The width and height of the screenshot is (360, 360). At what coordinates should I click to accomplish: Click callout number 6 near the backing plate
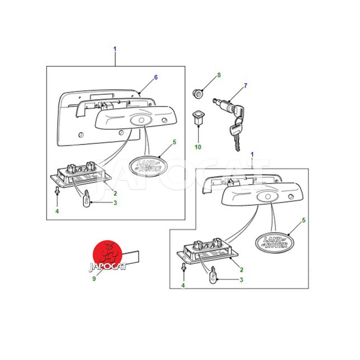click(156, 77)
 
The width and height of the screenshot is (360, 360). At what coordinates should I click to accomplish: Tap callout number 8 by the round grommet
click(219, 75)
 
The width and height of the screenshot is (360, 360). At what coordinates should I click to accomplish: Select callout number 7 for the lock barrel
click(245, 85)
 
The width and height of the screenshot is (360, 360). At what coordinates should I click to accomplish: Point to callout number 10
click(198, 147)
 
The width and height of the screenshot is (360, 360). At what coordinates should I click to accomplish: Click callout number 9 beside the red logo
click(94, 279)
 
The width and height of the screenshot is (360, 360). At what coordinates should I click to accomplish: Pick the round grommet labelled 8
click(198, 94)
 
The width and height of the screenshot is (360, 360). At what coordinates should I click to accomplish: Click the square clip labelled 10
click(198, 117)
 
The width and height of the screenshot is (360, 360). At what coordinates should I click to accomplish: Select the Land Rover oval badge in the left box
click(148, 166)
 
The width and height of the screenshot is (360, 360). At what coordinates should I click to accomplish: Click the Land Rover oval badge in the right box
click(274, 243)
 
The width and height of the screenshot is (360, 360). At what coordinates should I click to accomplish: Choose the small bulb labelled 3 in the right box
click(213, 275)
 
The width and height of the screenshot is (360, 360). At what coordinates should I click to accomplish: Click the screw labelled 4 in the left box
click(57, 190)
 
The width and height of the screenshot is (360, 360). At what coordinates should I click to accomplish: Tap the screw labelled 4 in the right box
click(183, 267)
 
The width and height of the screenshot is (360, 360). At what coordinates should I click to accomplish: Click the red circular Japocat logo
click(107, 255)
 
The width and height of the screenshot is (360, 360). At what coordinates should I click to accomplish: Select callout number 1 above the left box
click(115, 49)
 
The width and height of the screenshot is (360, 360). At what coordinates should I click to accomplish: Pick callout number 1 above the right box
click(252, 154)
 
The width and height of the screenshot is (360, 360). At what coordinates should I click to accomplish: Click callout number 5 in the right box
click(304, 220)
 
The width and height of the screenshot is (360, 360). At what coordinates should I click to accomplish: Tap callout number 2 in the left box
click(115, 193)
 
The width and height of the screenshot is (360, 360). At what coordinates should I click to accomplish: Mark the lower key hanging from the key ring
click(235, 135)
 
